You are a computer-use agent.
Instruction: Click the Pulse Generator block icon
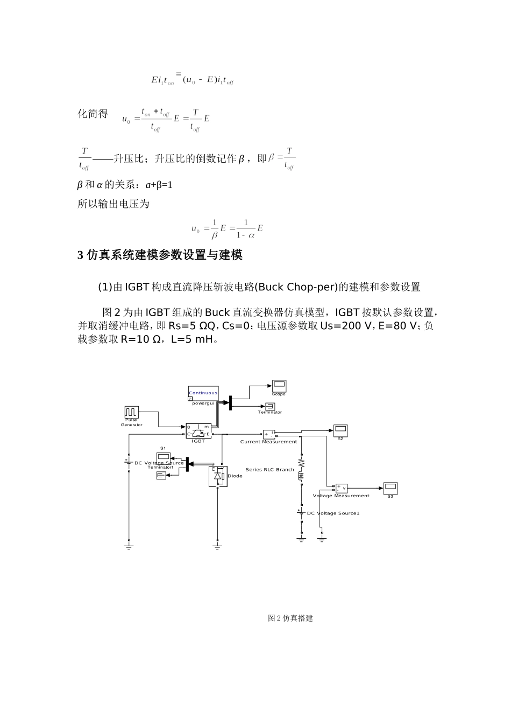131,412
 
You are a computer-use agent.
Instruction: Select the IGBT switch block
198,430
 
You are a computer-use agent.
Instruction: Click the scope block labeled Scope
279,385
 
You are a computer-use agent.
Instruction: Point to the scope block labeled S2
340,430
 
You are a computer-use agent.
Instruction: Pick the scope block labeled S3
390,488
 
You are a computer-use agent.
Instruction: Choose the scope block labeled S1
163,457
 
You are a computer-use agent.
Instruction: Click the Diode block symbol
218,476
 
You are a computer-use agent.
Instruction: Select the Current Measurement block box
269,434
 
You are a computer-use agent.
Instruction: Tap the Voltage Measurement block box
342,488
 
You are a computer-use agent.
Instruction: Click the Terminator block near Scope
269,406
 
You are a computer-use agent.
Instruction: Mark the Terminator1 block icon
161,475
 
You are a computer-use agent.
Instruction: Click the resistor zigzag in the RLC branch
301,463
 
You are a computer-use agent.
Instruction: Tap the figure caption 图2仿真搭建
290,618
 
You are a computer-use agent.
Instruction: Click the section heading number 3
81,255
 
